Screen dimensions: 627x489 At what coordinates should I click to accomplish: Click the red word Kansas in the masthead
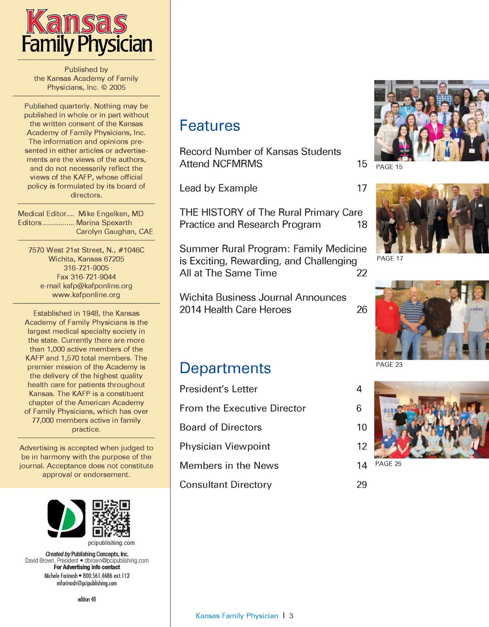(x=76, y=22)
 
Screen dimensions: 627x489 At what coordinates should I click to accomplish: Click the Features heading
(x=210, y=125)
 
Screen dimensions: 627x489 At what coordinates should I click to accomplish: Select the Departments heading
(x=225, y=368)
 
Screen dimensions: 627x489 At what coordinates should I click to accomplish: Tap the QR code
(x=111, y=518)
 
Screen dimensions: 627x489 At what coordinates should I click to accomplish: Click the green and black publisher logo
(x=66, y=518)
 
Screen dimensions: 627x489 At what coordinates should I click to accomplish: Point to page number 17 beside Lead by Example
(x=362, y=188)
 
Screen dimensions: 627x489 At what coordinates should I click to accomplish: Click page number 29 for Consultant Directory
(x=362, y=484)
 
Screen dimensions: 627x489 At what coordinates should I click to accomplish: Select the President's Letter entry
(x=218, y=389)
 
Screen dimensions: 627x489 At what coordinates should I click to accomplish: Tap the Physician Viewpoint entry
(x=224, y=446)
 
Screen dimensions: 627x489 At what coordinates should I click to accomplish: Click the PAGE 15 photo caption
(x=389, y=167)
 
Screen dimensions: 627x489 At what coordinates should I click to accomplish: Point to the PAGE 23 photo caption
(x=389, y=364)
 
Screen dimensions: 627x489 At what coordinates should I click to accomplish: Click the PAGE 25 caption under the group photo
(x=388, y=463)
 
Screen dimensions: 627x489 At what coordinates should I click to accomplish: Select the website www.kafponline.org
(x=86, y=295)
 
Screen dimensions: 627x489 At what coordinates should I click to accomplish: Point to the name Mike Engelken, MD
(x=111, y=214)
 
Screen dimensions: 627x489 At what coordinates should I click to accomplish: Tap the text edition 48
(x=87, y=599)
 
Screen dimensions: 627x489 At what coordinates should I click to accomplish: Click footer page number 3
(x=291, y=616)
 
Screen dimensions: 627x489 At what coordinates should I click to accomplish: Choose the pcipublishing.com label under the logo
(x=111, y=543)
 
